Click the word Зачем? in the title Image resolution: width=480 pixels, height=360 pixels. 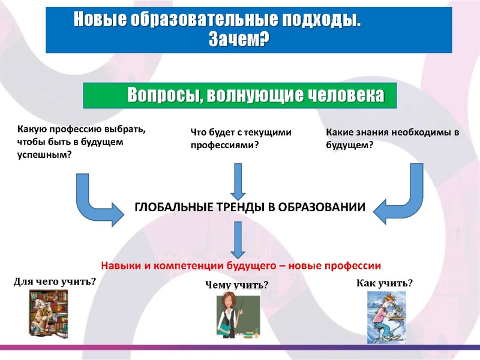pos(238,40)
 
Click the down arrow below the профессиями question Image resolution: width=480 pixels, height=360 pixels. pos(238,181)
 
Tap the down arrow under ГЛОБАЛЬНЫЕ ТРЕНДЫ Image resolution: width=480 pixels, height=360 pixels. pos(238,239)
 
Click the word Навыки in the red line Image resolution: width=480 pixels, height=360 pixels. pos(120,265)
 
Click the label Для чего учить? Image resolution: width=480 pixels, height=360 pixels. pos(55,281)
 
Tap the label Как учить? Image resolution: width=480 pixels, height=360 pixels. pos(385,283)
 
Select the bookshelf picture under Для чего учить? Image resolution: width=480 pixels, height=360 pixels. pos(49,313)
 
